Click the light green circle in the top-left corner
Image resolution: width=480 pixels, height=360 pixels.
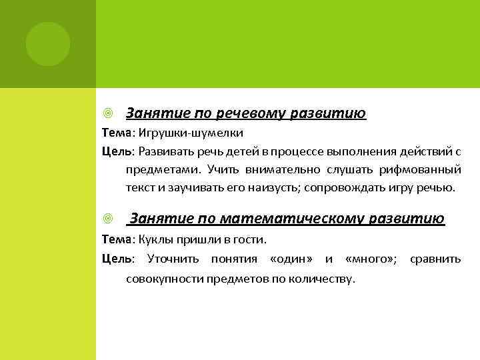tap(48, 44)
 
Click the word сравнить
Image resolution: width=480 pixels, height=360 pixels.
tap(435, 258)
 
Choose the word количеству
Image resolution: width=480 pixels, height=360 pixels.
tap(323, 277)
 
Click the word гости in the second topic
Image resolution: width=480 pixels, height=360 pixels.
tap(250, 239)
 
